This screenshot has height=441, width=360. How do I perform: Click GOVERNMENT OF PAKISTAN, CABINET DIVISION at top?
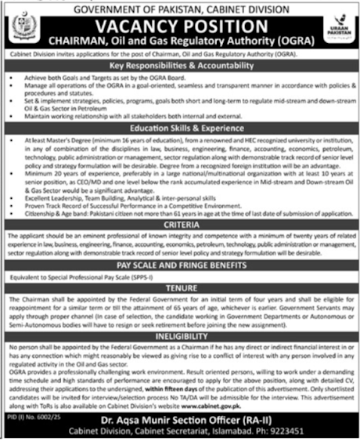pyautogui.click(x=180, y=7)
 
